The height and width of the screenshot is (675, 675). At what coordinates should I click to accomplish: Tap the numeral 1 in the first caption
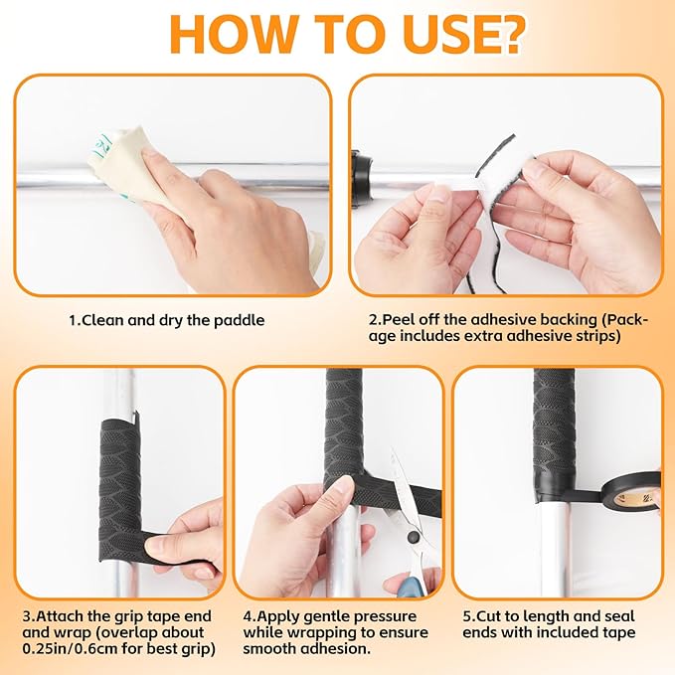click(x=73, y=321)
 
